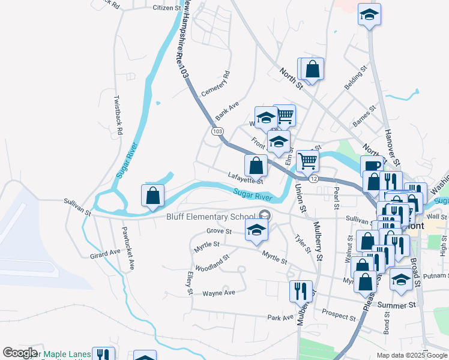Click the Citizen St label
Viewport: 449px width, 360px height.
[x=166, y=8]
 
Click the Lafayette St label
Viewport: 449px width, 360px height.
[x=246, y=178]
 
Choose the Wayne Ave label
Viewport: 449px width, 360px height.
[x=218, y=293]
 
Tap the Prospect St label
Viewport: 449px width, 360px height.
[x=339, y=314]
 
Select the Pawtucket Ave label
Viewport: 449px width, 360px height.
[x=128, y=239]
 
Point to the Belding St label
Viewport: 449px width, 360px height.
[x=355, y=79]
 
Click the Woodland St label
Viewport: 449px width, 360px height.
[x=213, y=263]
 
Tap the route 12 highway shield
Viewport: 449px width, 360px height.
[x=313, y=179]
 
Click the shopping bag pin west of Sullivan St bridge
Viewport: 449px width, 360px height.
[x=153, y=195]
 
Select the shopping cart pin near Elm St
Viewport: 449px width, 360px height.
[x=307, y=160]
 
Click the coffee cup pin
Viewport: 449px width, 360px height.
[x=371, y=166]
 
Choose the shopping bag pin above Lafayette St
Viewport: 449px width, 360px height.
[x=256, y=165]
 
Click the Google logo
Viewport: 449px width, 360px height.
[x=20, y=353]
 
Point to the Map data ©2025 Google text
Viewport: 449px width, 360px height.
[x=411, y=355]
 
